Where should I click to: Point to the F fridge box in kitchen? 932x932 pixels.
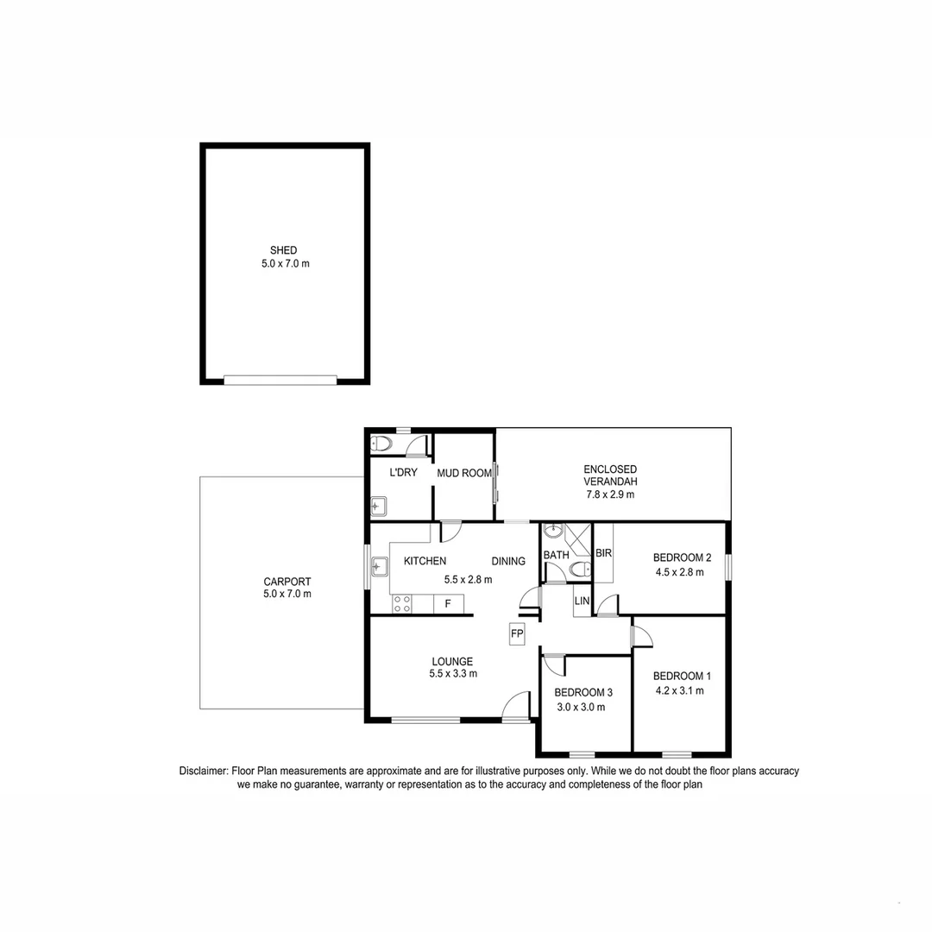click(448, 604)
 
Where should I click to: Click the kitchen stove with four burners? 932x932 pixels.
click(401, 604)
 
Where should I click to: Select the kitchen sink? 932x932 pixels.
click(379, 567)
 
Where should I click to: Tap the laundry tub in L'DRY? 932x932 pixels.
click(379, 506)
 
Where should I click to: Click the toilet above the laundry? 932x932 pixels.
click(381, 444)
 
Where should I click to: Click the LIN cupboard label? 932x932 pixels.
click(582, 600)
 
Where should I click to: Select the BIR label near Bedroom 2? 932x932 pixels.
click(603, 553)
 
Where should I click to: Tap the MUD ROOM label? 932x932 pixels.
click(463, 473)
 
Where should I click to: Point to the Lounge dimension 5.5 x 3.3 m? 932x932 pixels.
click(453, 674)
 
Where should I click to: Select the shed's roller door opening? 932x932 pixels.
click(280, 379)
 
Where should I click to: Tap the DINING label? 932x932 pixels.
click(508, 561)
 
